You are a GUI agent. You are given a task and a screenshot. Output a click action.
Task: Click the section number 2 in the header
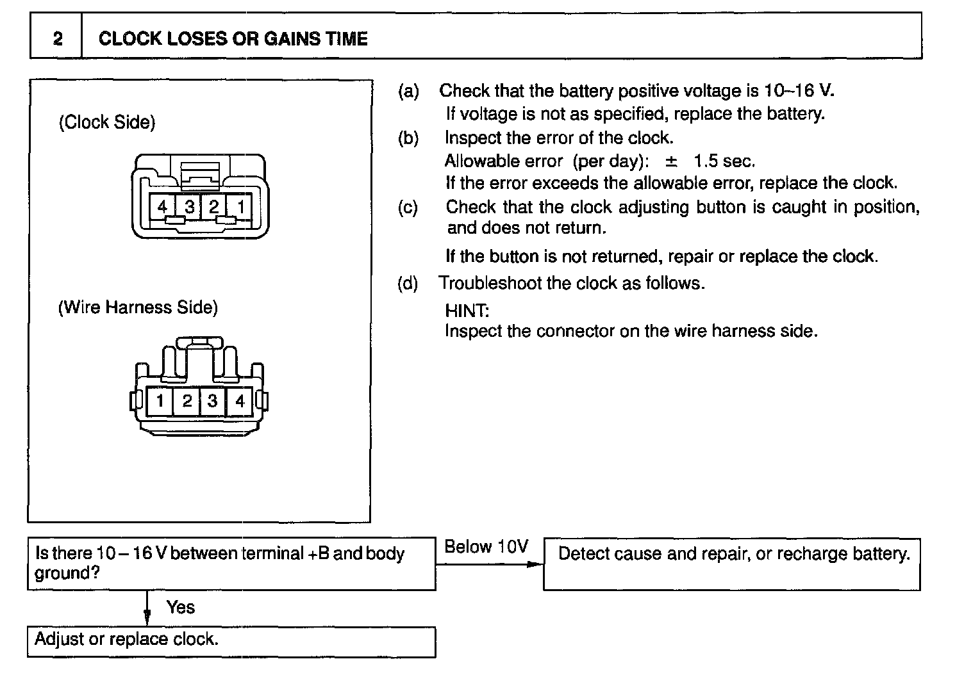coord(58,38)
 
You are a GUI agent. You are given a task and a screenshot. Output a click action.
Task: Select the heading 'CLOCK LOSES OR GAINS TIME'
coord(233,38)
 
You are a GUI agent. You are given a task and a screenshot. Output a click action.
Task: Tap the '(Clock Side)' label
coord(107,122)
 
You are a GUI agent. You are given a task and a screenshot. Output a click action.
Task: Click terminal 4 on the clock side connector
coord(163,206)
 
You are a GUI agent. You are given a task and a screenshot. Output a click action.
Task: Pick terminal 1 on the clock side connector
coord(240,206)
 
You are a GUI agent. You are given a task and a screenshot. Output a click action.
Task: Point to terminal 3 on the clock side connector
coord(189,206)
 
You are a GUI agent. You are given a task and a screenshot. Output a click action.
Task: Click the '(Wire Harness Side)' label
coord(138,307)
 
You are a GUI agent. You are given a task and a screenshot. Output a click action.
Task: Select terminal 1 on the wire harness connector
coord(160,402)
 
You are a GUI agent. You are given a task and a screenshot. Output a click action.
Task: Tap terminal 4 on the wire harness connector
coord(240,402)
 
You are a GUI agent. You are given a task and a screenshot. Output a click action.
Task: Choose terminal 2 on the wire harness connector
coord(187,402)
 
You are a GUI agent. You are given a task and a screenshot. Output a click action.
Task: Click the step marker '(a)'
coord(408,92)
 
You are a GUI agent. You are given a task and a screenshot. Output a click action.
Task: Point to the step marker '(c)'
coord(408,207)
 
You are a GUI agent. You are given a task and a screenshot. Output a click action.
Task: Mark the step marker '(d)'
coord(408,284)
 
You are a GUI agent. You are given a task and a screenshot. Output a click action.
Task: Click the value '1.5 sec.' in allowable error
coord(724,161)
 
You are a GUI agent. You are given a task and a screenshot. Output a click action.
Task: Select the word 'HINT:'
coord(467,311)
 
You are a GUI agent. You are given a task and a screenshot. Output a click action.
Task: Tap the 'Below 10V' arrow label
coord(486,546)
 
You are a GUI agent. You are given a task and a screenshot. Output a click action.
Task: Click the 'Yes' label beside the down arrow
coord(180,607)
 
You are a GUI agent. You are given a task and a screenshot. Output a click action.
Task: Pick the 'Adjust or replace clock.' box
coord(231,642)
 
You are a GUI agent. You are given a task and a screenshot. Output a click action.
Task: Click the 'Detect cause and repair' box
coord(731,564)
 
